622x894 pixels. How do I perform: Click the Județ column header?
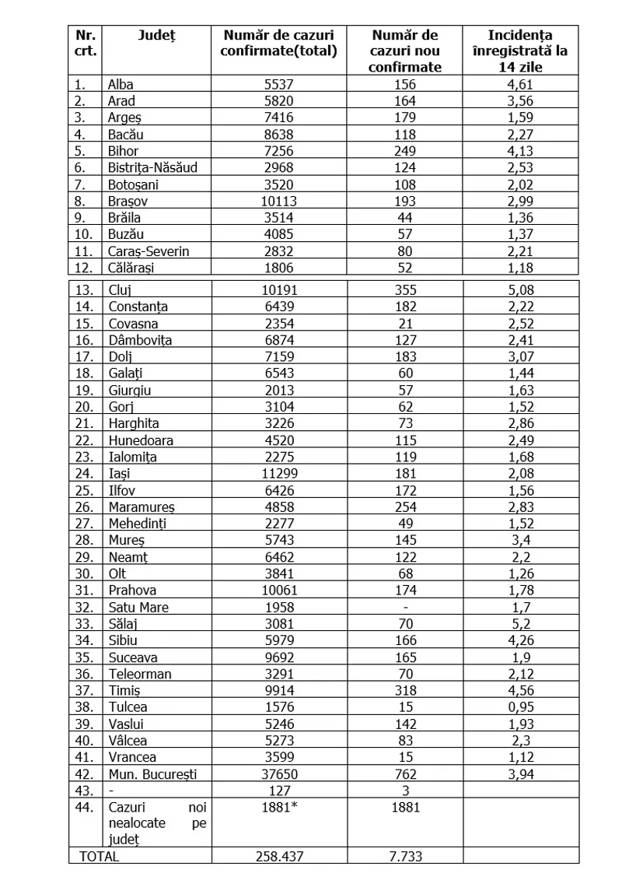tap(156, 35)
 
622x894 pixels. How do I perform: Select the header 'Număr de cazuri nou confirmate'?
tap(405, 51)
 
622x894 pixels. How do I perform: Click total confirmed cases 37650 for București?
tap(279, 773)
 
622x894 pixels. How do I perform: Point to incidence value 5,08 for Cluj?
tap(521, 289)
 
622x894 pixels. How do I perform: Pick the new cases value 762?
tap(405, 773)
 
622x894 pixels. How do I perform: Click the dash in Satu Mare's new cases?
tap(405, 607)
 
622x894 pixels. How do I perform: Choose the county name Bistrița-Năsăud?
tap(153, 167)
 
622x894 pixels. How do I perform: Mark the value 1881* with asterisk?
tap(279, 807)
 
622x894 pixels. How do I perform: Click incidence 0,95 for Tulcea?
tap(521, 706)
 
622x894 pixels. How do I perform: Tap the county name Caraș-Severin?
tap(149, 251)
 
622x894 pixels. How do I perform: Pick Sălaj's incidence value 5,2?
tap(521, 623)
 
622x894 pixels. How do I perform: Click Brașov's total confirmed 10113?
tap(279, 201)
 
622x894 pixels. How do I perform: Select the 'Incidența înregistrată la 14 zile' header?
tap(521, 51)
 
